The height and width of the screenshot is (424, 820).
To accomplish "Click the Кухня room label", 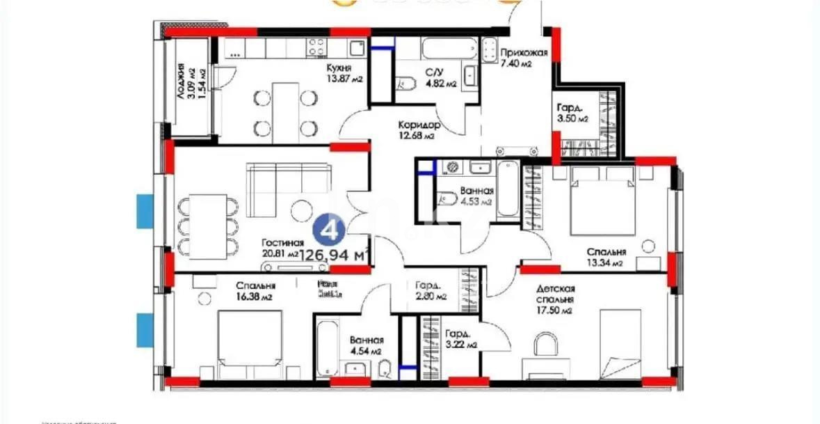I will (338, 68).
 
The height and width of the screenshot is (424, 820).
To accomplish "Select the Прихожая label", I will (524, 53).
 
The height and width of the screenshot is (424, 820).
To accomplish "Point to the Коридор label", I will (419, 125).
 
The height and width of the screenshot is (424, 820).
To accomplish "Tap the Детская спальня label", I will (555, 294).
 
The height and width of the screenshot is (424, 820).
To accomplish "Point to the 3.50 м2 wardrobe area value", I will (572, 119).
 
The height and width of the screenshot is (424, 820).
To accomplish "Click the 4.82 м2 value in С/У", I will (441, 84).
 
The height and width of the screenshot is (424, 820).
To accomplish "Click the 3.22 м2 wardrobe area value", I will (461, 344).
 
